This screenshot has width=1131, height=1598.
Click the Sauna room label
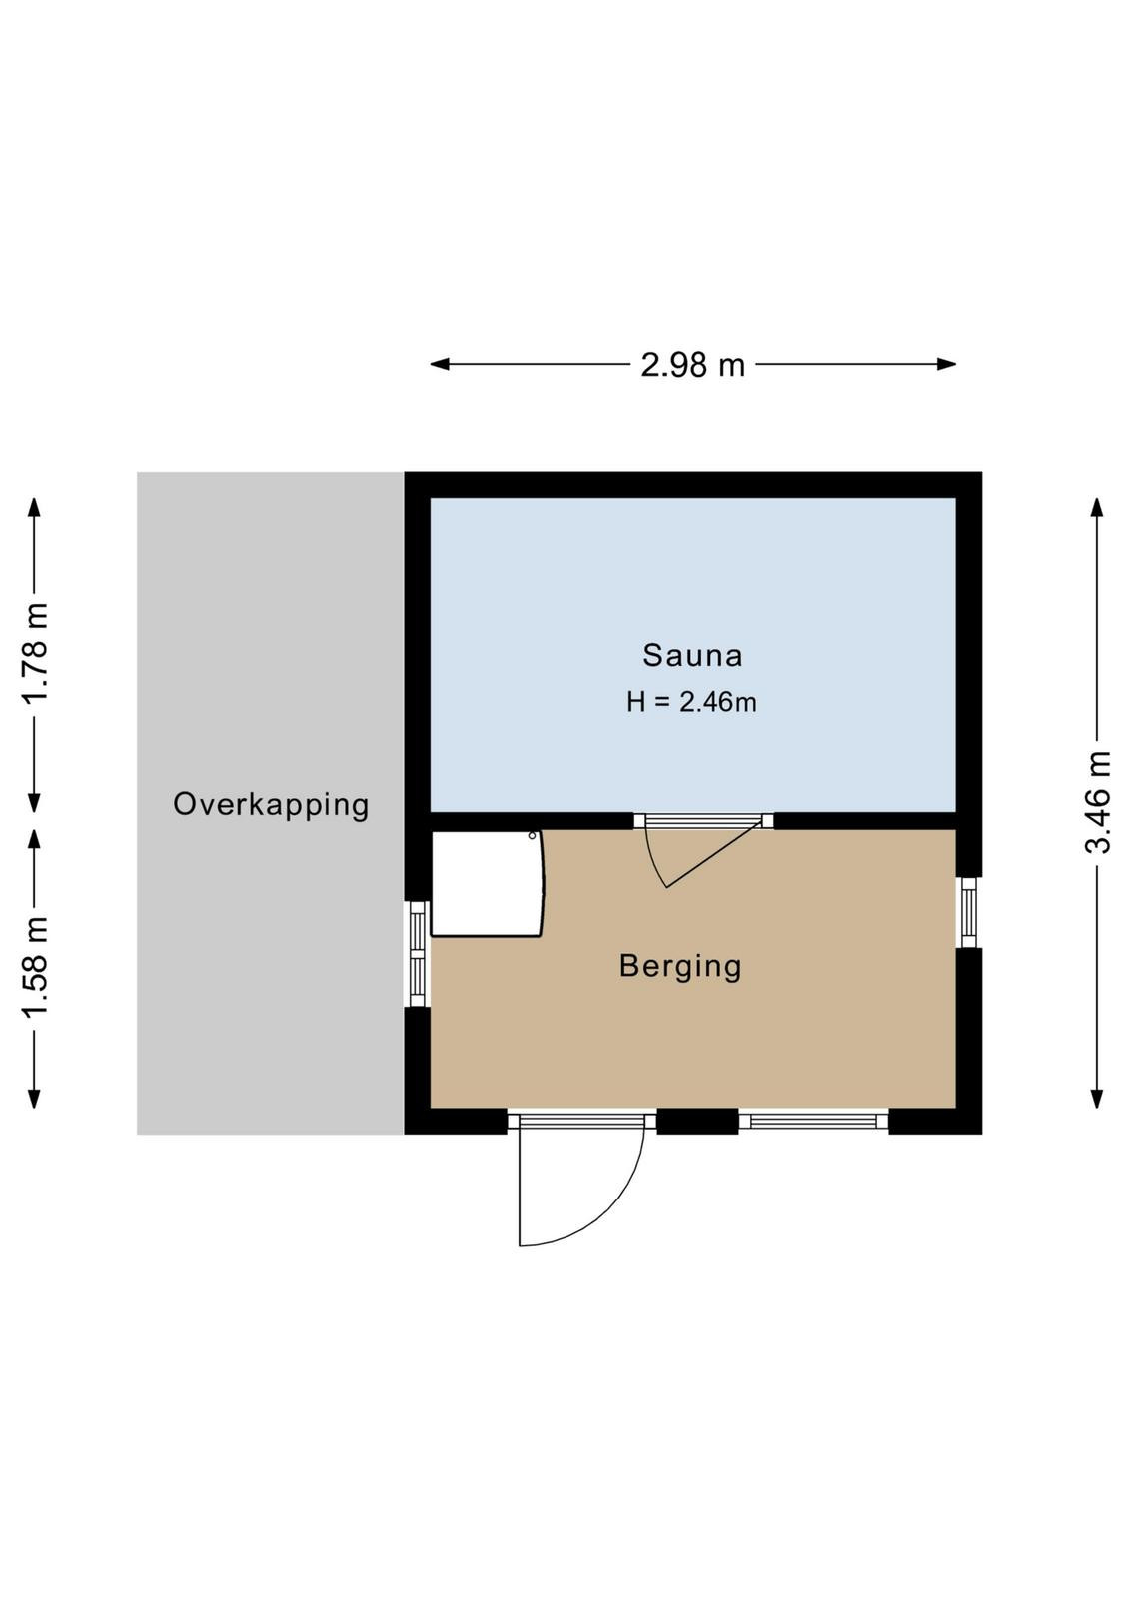(692, 655)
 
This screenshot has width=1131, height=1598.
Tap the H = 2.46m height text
(691, 703)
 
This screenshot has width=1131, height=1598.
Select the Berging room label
(680, 967)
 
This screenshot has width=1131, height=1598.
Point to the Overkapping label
(271, 805)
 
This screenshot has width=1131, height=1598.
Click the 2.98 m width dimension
(692, 365)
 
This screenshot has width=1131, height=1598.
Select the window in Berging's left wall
(418, 954)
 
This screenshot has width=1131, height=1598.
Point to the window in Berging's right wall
(968, 912)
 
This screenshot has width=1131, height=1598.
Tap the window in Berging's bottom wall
(813, 1121)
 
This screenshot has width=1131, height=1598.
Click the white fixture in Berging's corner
(488, 883)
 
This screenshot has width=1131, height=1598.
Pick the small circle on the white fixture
(532, 835)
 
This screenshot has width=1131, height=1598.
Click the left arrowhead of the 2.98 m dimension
(439, 364)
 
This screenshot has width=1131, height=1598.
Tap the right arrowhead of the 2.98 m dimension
(947, 364)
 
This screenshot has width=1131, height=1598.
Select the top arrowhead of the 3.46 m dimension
(1097, 507)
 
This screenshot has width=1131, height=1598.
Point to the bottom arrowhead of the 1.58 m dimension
(34, 1099)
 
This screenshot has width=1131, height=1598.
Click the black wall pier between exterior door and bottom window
(697, 1121)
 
